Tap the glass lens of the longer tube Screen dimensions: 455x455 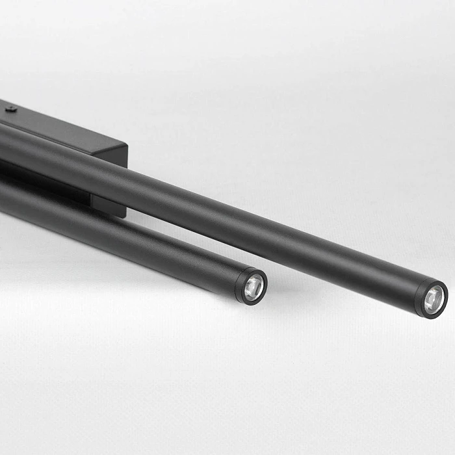tap(434, 300)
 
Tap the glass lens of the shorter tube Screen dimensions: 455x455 tap(254, 286)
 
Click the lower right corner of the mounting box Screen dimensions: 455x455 tap(123, 214)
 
